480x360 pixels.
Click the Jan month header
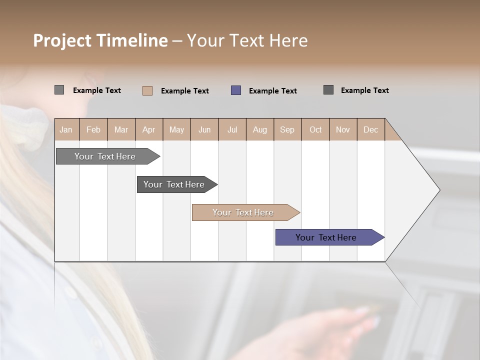(66, 129)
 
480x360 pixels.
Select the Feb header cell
(93, 129)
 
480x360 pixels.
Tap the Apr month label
(149, 129)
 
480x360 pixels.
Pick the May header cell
(176, 129)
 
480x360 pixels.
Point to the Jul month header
(232, 129)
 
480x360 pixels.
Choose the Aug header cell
(260, 129)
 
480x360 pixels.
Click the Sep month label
(287, 129)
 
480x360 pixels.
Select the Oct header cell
(315, 129)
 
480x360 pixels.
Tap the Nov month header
(343, 129)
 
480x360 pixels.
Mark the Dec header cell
(371, 129)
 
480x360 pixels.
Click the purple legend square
(236, 90)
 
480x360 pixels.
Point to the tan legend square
(147, 90)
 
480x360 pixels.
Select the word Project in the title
(62, 40)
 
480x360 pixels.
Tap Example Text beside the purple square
(273, 91)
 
